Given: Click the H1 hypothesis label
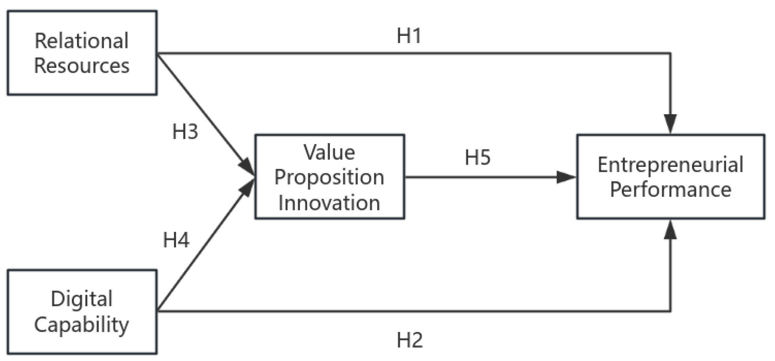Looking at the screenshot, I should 409,36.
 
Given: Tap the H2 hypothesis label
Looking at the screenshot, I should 410,340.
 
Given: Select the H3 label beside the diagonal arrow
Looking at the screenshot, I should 185,132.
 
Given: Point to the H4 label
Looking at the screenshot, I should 176,240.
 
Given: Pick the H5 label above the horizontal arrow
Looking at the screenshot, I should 478,157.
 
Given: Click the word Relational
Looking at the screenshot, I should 82,41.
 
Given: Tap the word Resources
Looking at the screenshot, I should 82,65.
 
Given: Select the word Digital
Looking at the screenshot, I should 82,299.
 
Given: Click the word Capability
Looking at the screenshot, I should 82,324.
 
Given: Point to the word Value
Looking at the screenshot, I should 329,152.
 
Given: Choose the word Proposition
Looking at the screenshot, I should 329,177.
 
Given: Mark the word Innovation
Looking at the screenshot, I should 329,203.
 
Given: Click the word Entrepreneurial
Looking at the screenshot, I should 670,165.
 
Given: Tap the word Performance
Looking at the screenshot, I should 670,190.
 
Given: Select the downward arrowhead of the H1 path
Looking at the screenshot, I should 670,123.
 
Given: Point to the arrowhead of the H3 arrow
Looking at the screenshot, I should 247,167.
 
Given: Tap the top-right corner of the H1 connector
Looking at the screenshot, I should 670,53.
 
